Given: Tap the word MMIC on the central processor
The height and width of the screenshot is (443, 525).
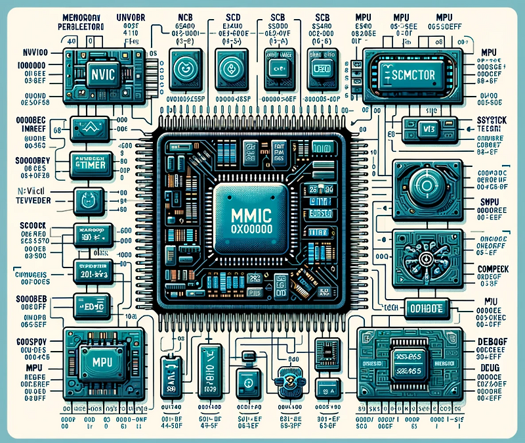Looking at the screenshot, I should (247, 215).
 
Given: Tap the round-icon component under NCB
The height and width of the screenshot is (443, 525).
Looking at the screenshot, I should (183, 68).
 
